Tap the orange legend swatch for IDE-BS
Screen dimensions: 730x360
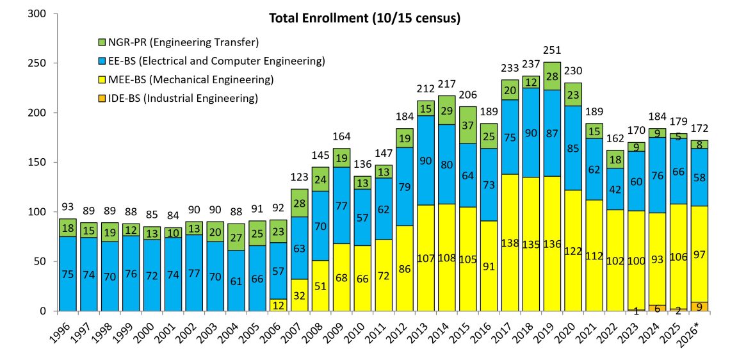click(101, 98)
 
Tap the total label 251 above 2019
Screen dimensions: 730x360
click(552, 51)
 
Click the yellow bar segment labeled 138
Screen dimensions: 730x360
click(510, 243)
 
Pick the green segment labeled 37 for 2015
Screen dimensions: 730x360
click(468, 126)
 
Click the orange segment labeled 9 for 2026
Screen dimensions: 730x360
click(699, 306)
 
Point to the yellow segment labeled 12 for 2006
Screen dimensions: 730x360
click(278, 305)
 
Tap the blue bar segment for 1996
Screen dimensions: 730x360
click(67, 274)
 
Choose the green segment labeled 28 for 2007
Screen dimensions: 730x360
click(299, 203)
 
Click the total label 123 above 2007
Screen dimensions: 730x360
click(299, 177)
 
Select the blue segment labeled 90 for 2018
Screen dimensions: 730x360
click(531, 133)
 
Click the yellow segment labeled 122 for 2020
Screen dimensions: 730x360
click(573, 250)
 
